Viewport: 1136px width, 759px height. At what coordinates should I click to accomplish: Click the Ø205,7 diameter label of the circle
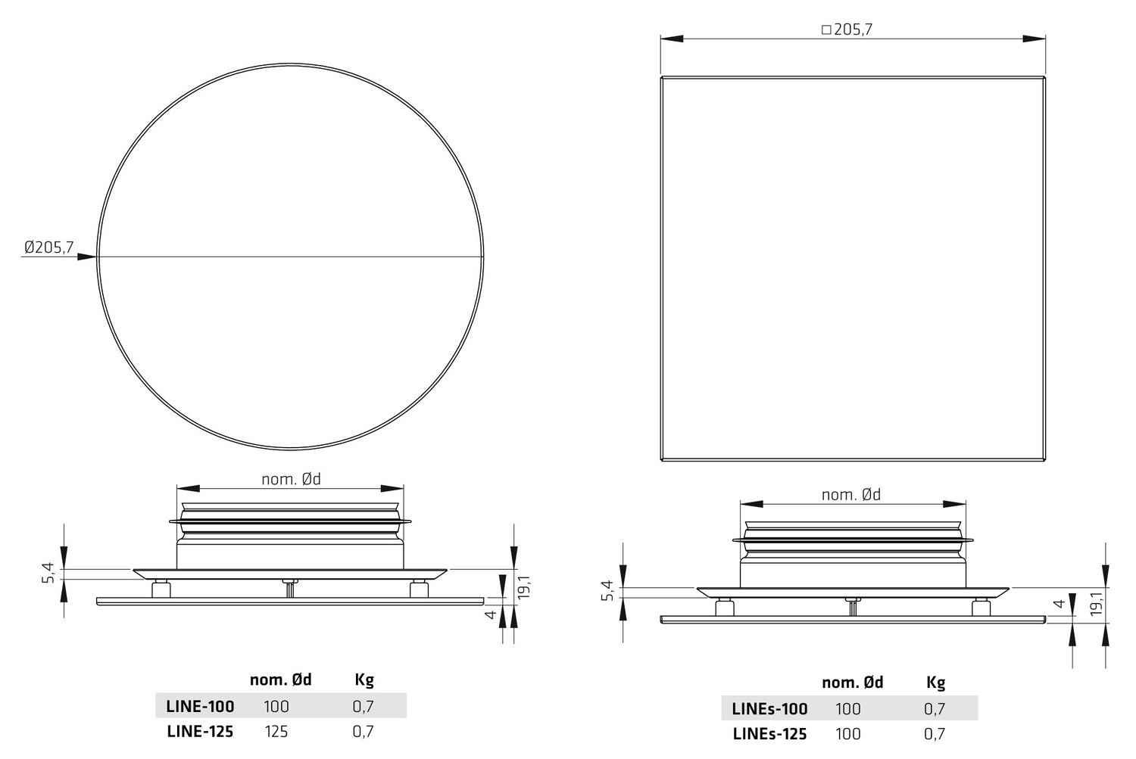49,247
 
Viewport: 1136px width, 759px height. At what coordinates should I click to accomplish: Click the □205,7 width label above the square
847,30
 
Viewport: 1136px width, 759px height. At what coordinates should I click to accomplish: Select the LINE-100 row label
201,706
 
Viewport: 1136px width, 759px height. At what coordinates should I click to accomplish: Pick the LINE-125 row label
200,732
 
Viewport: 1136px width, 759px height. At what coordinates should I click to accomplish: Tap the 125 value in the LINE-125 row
276,732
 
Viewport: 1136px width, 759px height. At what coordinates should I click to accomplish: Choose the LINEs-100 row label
769,709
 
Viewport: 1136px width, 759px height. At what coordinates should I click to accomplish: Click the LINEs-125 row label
769,734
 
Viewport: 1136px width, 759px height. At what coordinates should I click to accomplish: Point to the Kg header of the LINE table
364,680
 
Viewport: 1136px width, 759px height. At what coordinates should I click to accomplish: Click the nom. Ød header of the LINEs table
853,683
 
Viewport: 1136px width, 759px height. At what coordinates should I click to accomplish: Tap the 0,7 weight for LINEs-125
935,734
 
